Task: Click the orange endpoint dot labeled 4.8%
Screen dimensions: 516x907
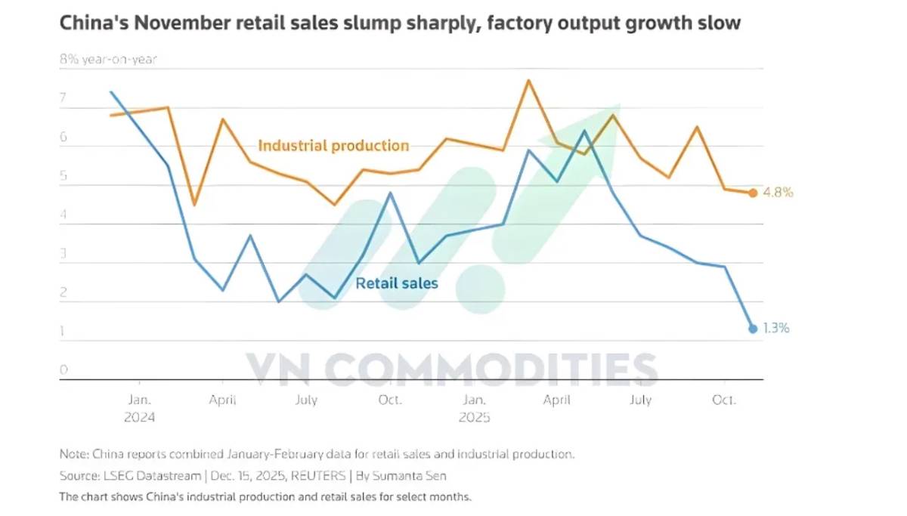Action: (x=753, y=193)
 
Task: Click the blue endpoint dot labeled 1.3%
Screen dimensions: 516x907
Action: (x=753, y=329)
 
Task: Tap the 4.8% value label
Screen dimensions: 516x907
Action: (x=777, y=193)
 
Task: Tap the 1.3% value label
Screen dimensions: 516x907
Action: (x=776, y=329)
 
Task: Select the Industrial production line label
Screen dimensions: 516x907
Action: (x=333, y=145)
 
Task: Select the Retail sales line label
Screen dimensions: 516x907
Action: (x=397, y=284)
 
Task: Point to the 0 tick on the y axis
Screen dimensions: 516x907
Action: (x=63, y=369)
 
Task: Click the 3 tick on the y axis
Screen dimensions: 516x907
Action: (x=63, y=254)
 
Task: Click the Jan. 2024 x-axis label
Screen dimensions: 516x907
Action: (x=140, y=408)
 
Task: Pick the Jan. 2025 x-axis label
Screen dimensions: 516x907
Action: (x=474, y=408)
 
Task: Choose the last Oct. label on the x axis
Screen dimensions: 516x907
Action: (x=723, y=400)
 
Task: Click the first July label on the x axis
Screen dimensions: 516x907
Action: (x=306, y=400)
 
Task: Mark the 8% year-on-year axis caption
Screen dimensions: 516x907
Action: (x=108, y=60)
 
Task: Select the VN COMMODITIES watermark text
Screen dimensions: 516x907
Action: (x=451, y=369)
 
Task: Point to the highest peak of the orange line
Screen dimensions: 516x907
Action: (x=528, y=80)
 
